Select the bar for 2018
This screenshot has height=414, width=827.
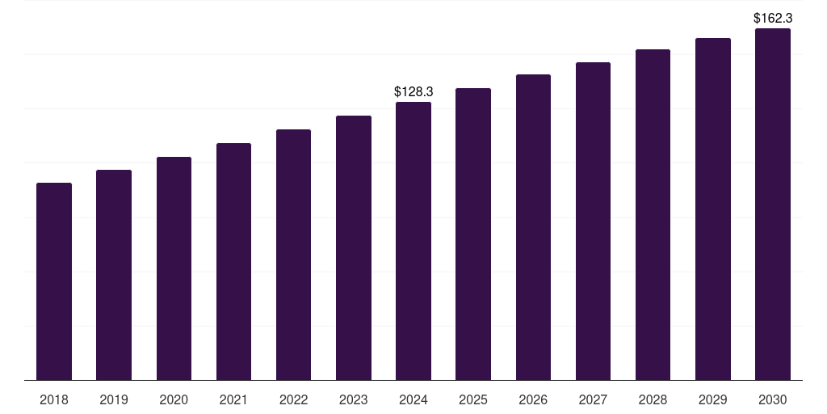click(x=54, y=281)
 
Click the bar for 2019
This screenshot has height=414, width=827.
click(x=114, y=275)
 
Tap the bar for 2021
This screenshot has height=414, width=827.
click(x=233, y=261)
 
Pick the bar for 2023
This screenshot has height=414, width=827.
click(x=354, y=247)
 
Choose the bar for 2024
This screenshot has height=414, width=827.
click(x=413, y=241)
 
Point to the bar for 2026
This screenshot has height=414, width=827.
click(x=533, y=227)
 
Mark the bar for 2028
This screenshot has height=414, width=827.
click(x=653, y=215)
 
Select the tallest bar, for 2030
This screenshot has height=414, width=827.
click(x=773, y=205)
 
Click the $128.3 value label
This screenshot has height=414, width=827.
click(x=413, y=92)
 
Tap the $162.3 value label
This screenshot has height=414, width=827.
click(x=773, y=19)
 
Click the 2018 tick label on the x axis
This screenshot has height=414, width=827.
click(x=54, y=399)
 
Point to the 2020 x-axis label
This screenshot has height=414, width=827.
click(x=174, y=399)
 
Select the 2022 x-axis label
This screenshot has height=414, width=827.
click(x=293, y=399)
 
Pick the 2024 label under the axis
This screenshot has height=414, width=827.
click(x=413, y=399)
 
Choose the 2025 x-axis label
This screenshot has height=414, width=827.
click(x=473, y=399)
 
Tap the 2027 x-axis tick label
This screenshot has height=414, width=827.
click(x=593, y=399)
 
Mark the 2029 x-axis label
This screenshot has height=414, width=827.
click(x=712, y=399)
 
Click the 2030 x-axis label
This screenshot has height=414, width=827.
click(x=773, y=399)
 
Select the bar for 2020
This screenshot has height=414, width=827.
click(x=174, y=268)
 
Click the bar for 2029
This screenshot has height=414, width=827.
click(x=712, y=209)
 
